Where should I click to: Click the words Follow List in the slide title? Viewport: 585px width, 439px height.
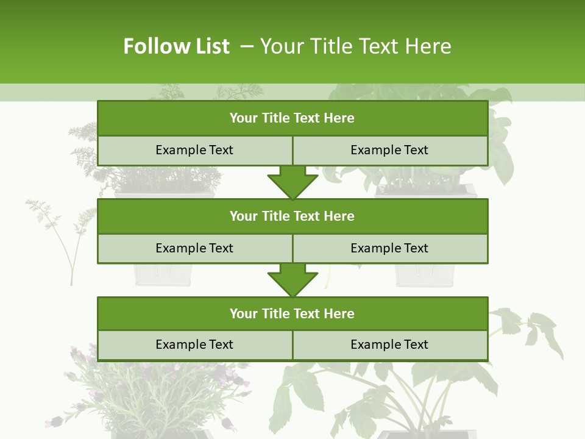(176, 46)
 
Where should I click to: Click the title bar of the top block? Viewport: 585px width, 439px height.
(292, 118)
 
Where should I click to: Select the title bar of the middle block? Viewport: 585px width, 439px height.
(292, 216)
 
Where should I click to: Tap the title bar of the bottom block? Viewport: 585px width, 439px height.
(292, 314)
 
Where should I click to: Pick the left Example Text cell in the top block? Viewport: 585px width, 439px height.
(194, 151)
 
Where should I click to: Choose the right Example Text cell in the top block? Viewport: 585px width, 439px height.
(389, 151)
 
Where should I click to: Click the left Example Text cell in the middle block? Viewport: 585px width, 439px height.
(194, 249)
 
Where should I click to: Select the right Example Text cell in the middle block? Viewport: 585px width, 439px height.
(389, 249)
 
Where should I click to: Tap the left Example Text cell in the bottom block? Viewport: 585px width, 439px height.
(194, 345)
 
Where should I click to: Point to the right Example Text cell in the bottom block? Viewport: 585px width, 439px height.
(389, 345)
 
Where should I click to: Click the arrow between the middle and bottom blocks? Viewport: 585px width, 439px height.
(292, 280)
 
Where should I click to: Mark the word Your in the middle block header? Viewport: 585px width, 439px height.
(244, 216)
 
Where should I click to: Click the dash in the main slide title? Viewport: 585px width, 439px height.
(247, 46)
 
